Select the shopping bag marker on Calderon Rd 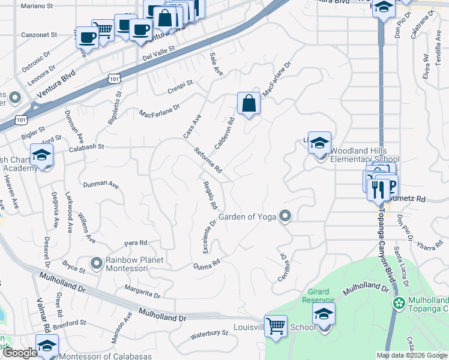[249, 104]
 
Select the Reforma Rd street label [208, 161]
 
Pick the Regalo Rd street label [209, 195]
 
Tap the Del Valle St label [158, 51]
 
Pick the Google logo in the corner [19, 353]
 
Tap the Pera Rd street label [135, 244]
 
